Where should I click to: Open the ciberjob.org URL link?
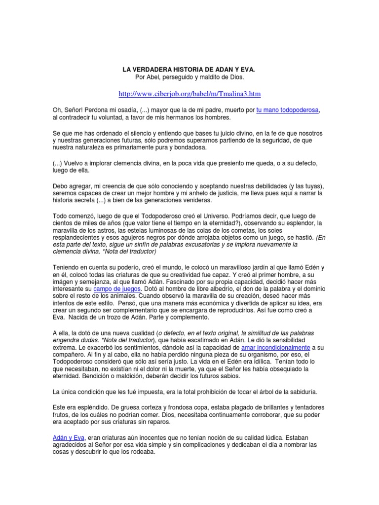(189, 93)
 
